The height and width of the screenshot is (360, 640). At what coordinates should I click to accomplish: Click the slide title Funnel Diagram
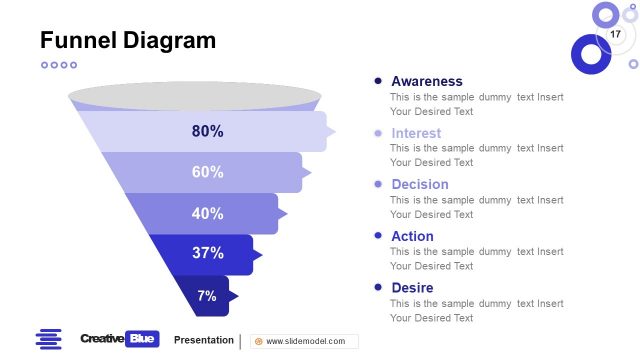tap(127, 40)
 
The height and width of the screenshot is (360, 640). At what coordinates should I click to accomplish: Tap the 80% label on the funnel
tap(207, 131)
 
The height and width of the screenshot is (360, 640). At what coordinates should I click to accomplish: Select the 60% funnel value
tap(207, 172)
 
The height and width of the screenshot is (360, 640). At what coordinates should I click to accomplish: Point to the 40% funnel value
tap(207, 213)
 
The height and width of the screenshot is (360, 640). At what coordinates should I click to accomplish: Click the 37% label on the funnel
tap(207, 253)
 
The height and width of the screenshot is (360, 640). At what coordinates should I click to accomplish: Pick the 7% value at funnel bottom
tap(207, 295)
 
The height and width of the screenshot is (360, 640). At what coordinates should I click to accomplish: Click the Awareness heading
tap(427, 81)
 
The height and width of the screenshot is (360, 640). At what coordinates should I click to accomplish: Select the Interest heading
tap(416, 133)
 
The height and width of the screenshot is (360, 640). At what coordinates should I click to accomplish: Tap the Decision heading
tap(420, 184)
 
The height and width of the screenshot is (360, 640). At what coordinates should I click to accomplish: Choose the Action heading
tap(412, 236)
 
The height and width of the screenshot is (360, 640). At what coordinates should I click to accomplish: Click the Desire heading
tap(412, 288)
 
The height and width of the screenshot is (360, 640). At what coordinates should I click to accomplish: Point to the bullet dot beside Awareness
tap(378, 81)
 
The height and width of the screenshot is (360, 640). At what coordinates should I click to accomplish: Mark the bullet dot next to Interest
tap(378, 133)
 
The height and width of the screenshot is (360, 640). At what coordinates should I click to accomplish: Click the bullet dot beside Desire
tap(378, 288)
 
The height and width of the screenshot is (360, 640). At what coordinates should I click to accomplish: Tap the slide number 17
tap(615, 35)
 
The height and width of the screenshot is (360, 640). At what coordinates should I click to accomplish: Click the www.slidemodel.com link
tap(305, 341)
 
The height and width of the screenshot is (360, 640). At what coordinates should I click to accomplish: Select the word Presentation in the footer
tap(203, 340)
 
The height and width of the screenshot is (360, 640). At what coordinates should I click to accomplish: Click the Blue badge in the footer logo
tap(143, 339)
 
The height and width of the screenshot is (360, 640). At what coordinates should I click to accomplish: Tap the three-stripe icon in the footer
tap(48, 340)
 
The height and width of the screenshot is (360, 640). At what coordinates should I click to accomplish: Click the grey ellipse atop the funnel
tap(194, 97)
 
